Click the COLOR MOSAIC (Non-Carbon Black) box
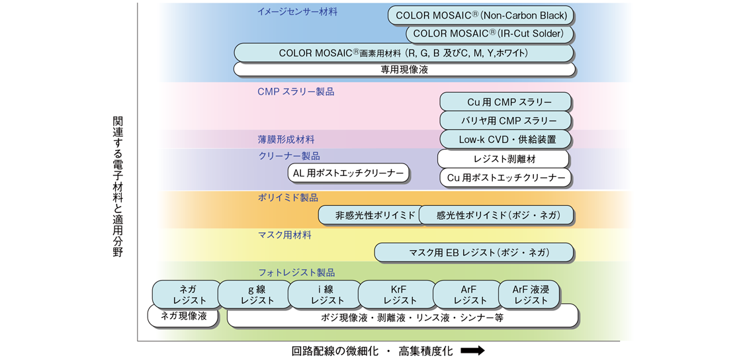pos(481,15)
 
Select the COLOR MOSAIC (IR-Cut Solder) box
pos(489,34)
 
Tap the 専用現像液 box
pos(404,69)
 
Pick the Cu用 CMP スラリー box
pos(505,102)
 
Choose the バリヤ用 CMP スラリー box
pos(505,120)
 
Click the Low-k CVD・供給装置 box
pos(505,140)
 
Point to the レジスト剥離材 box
pos(503,159)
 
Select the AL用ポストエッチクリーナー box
pos(348,173)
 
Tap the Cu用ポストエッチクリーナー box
pos(505,178)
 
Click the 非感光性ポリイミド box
pos(370,215)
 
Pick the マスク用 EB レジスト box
pos(474,252)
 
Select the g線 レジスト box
pos(255,294)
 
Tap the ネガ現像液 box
pos(183,317)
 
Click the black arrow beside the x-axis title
pos(472,351)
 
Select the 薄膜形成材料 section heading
pos(286,140)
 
